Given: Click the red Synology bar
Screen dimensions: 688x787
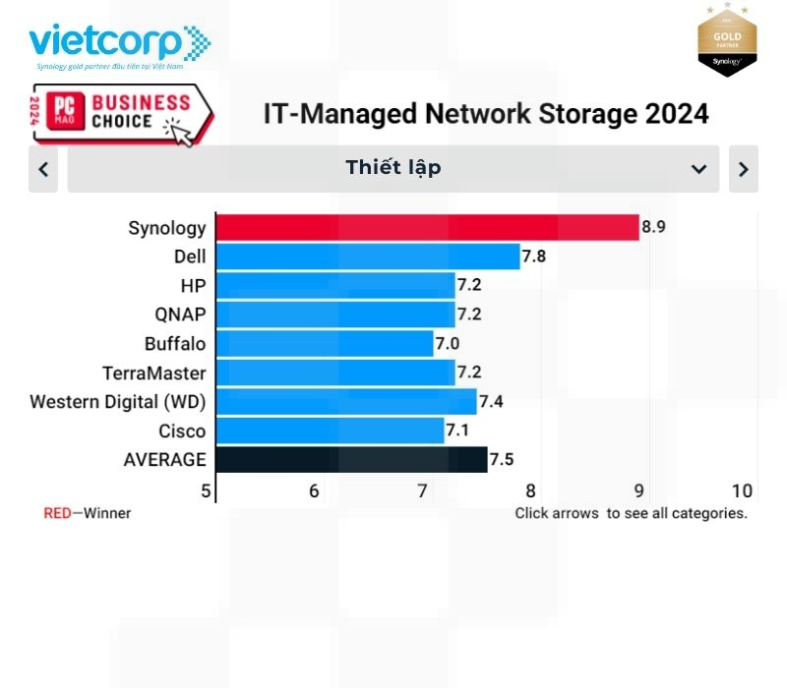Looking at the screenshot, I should (x=427, y=228).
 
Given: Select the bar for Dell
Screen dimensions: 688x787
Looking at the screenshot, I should (x=367, y=258).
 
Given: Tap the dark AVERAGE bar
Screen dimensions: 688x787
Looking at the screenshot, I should (x=351, y=460).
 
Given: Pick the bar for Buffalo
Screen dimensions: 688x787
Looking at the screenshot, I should (x=325, y=344).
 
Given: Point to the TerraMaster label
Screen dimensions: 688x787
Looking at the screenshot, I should (x=154, y=373).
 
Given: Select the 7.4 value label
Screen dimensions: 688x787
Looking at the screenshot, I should (x=493, y=402).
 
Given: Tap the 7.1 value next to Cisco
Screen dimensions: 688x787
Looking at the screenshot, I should (x=460, y=430).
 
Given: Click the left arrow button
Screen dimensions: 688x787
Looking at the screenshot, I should (x=43, y=169).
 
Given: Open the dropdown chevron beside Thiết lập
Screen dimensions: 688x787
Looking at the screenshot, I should (x=698, y=169).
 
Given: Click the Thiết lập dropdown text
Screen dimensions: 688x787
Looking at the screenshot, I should (x=393, y=168).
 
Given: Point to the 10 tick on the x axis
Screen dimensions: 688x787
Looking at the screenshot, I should (x=742, y=490).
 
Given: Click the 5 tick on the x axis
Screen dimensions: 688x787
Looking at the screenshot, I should (x=207, y=490).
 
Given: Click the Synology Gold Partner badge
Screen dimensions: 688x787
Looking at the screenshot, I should (x=727, y=40).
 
